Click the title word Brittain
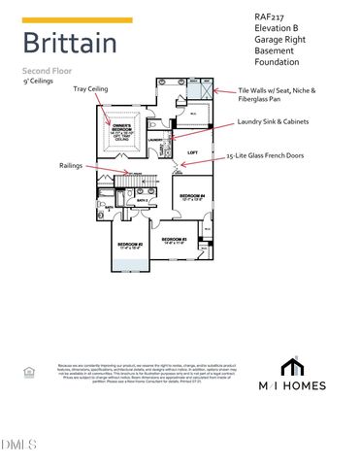tap(69, 44)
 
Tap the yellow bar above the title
tap(77, 19)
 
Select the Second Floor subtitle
tap(47, 72)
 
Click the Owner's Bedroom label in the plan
tap(123, 129)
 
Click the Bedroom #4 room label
tap(192, 197)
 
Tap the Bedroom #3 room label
tap(173, 239)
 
